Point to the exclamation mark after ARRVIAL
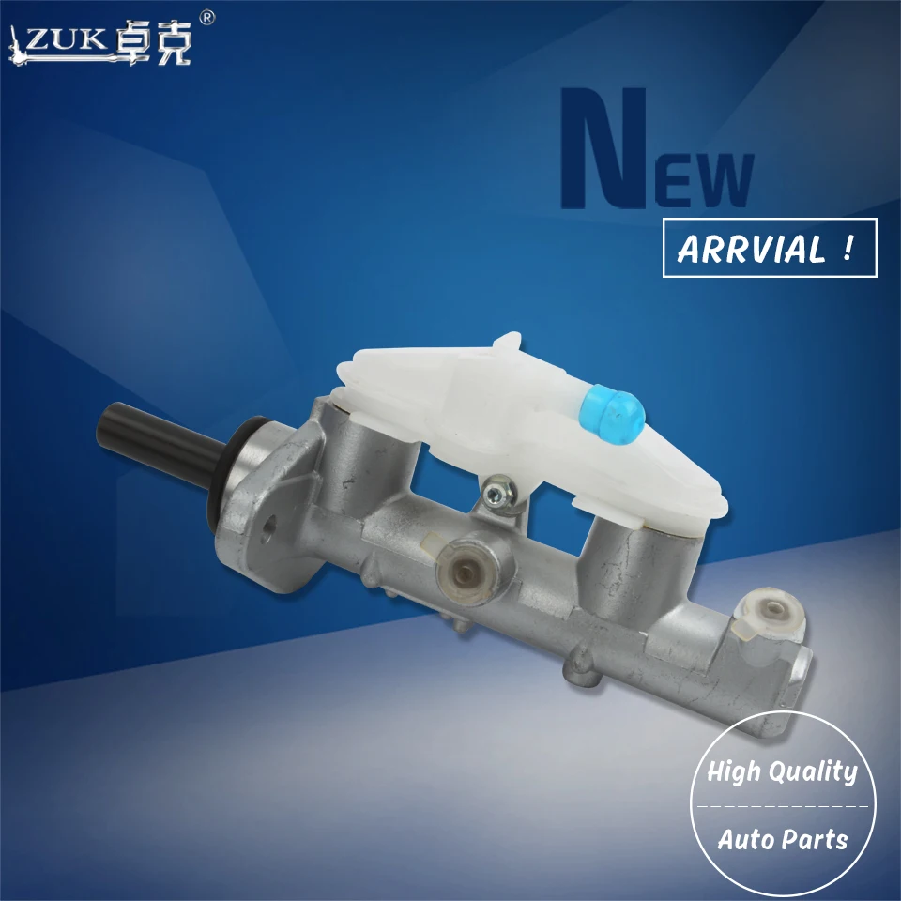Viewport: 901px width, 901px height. pyautogui.click(x=848, y=248)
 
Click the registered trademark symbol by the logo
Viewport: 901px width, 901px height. pyautogui.click(x=208, y=17)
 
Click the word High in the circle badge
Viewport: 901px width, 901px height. pyautogui.click(x=736, y=772)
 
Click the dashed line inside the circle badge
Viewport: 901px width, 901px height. pyautogui.click(x=782, y=806)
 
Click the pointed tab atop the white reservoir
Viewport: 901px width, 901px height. pyautogui.click(x=507, y=340)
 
